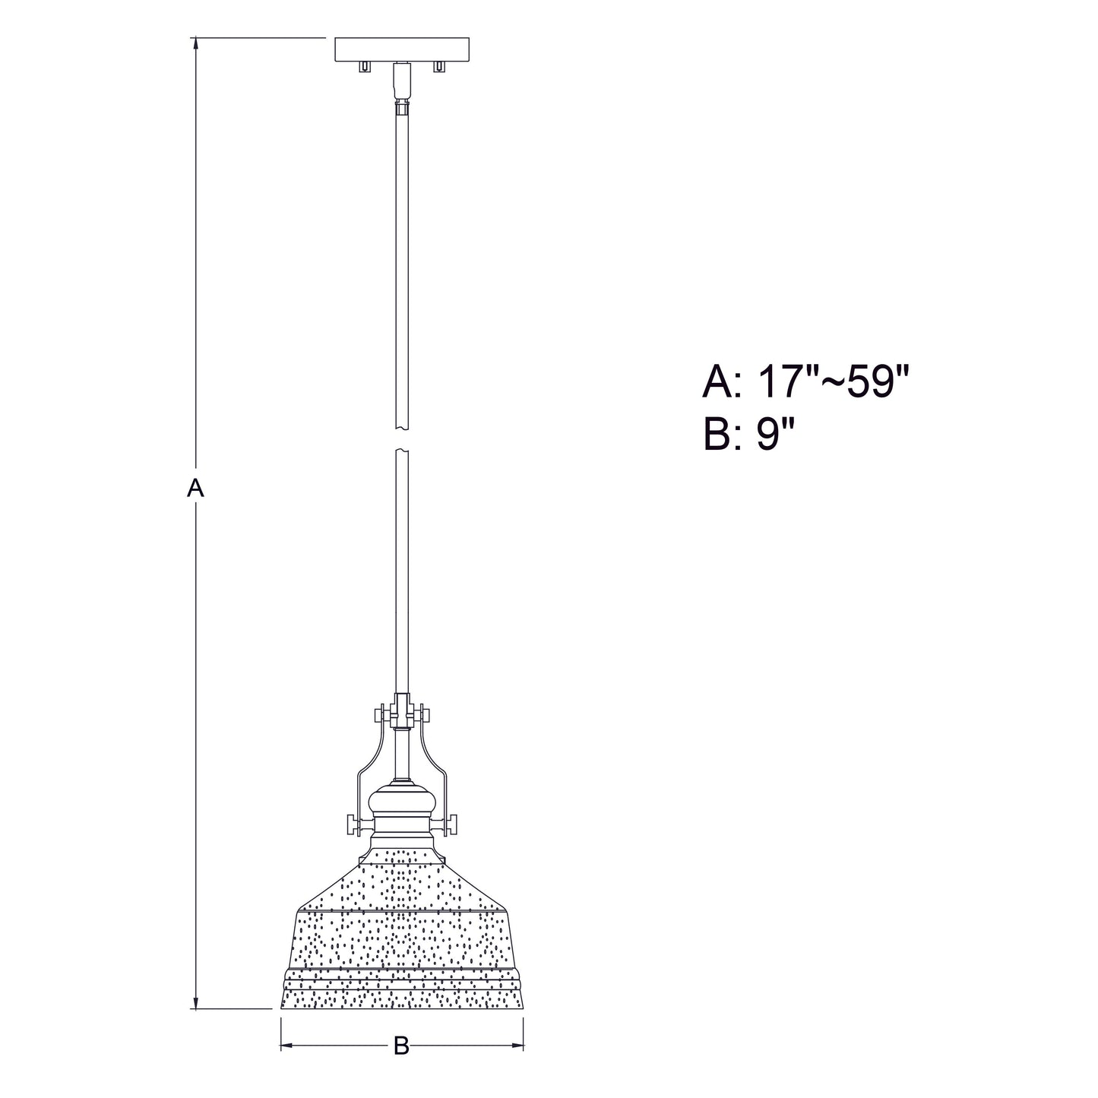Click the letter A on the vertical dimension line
coord(195,489)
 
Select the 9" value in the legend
coord(776,434)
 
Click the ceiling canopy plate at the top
coord(402,49)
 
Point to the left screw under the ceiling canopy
coord(362,67)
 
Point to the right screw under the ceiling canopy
coord(438,67)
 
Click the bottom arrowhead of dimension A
coord(196,1017)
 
